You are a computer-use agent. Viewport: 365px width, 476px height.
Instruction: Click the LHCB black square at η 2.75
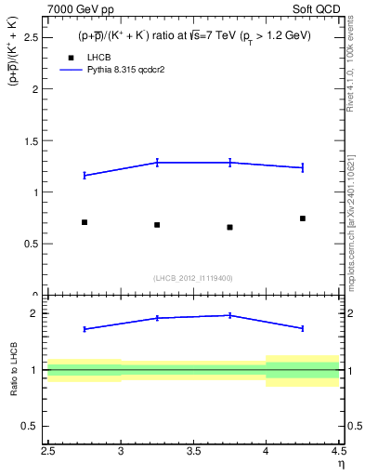click(x=85, y=222)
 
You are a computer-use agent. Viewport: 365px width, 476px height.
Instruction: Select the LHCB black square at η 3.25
click(x=157, y=225)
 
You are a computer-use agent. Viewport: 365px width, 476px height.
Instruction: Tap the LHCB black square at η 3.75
click(x=229, y=227)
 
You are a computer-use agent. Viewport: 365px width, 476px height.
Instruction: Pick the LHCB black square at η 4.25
click(x=303, y=218)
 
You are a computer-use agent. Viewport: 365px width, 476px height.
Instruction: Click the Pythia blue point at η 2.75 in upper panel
click(x=85, y=175)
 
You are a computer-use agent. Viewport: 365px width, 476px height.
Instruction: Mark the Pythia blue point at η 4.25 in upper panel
click(x=303, y=167)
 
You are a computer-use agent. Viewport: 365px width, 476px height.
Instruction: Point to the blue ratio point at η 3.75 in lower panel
click(x=229, y=315)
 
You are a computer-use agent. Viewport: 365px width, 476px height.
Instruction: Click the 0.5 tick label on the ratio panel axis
click(x=33, y=427)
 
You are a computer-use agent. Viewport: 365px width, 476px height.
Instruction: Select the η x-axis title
click(x=341, y=464)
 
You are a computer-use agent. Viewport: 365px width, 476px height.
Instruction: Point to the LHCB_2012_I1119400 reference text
click(x=193, y=278)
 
